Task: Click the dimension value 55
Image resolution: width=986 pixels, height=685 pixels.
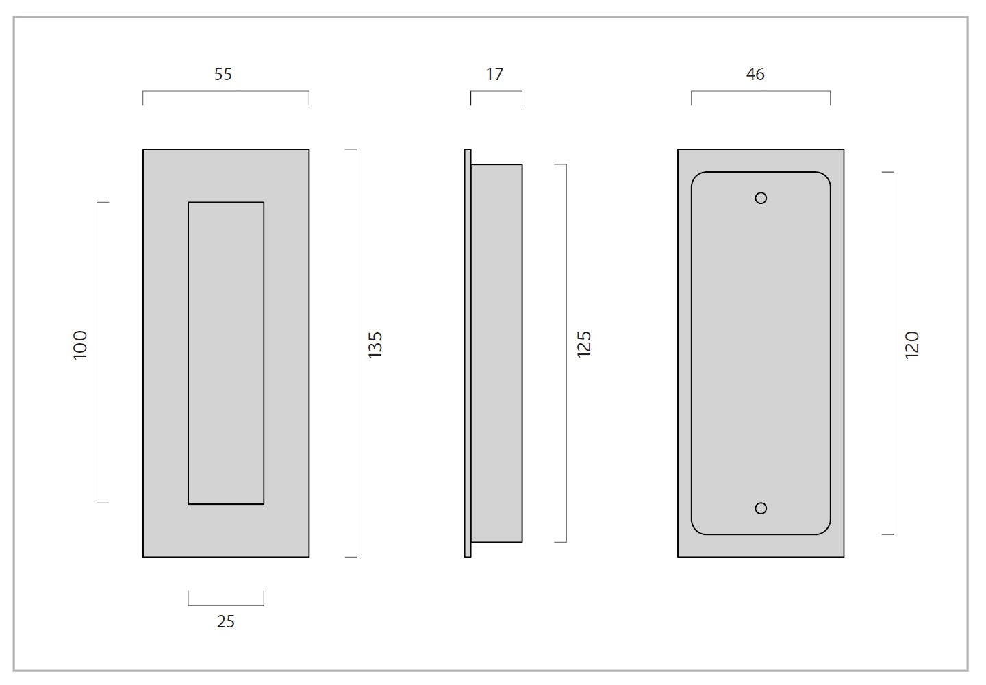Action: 223,75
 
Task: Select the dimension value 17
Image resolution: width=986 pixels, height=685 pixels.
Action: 494,75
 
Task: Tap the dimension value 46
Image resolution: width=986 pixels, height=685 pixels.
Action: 755,75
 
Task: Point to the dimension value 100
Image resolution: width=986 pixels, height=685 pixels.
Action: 80,345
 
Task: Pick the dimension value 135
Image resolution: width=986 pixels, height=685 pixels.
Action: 375,345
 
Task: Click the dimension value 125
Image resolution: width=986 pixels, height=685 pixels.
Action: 584,345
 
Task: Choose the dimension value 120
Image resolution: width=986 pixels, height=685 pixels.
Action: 911,345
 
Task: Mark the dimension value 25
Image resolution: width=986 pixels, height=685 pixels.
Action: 226,621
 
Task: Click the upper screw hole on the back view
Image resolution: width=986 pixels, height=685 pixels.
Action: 761,198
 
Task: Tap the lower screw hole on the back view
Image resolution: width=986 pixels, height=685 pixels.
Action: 761,508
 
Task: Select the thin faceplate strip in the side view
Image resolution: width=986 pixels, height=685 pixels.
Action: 468,353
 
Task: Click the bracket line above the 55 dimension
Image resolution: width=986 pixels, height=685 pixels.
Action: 226,91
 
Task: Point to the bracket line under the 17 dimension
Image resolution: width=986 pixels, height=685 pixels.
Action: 496,91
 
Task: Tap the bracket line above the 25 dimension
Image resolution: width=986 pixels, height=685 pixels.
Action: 226,606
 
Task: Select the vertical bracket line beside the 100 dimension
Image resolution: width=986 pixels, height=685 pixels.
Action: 97,352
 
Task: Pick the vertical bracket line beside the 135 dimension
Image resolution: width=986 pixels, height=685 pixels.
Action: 357,353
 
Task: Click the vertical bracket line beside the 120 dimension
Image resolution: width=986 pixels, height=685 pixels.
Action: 894,353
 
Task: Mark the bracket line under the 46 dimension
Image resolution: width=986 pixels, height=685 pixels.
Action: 761,91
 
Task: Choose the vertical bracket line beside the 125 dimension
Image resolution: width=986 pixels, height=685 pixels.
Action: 566,353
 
